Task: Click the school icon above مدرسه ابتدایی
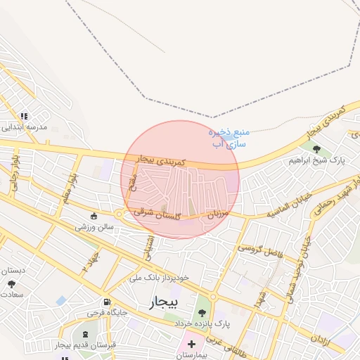pos(25,116)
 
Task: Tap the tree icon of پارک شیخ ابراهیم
pos(317,149)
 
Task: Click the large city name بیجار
pos(165,302)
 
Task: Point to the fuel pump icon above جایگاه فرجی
pos(106,301)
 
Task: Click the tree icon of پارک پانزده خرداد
pos(202,312)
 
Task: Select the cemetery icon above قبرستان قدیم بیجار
pos(86,334)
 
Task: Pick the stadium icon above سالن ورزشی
pos(94,216)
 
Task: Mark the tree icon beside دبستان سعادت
pos(11,283)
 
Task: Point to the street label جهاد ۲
pos(89,263)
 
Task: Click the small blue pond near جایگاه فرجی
pos(61,300)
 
